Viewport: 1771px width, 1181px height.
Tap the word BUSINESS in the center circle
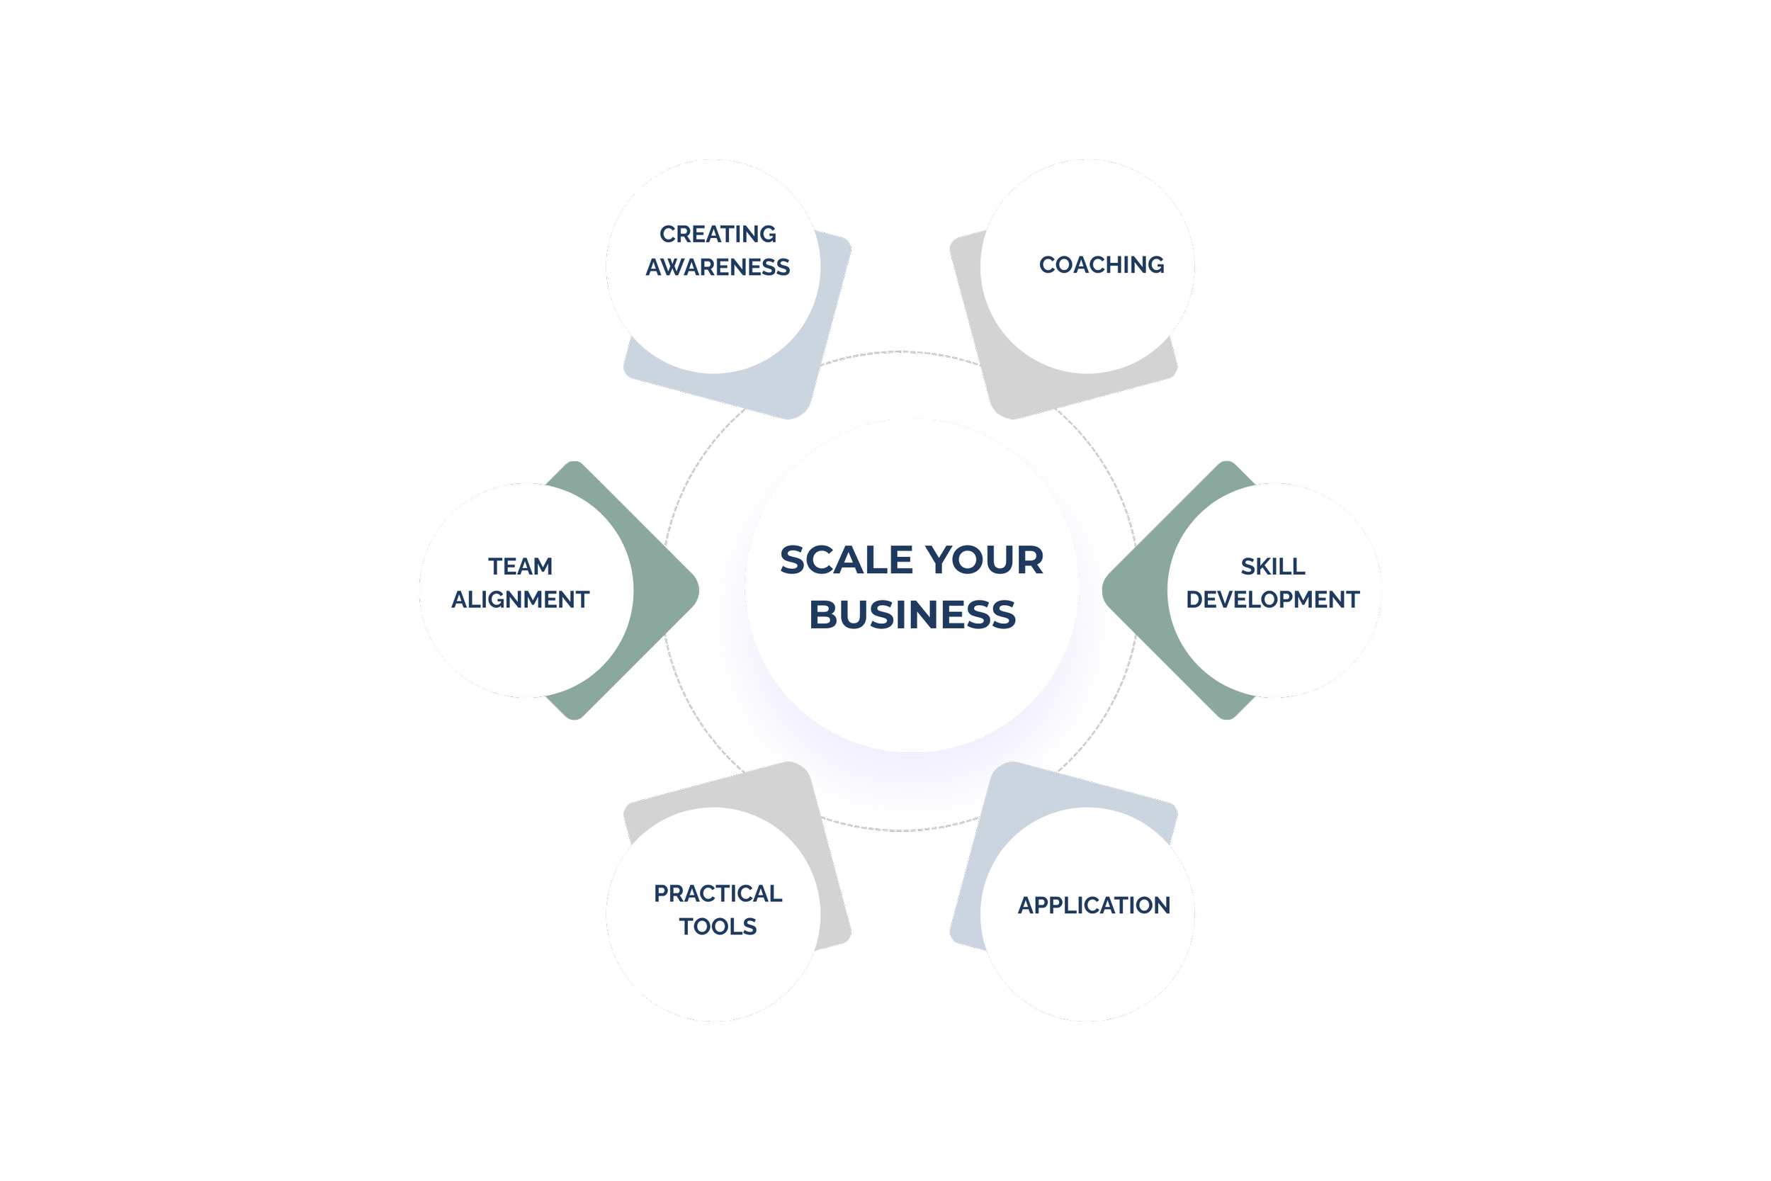tap(912, 615)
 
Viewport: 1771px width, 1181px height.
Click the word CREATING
tap(718, 234)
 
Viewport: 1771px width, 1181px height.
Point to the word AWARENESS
tap(718, 267)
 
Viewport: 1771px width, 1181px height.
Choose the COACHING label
tap(1101, 265)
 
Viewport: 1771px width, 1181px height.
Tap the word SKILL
tap(1272, 566)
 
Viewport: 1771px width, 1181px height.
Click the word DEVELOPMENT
tap(1272, 599)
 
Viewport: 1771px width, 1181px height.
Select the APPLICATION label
tap(1093, 905)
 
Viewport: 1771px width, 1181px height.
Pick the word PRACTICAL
tap(718, 893)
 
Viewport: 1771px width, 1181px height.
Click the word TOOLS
tap(718, 927)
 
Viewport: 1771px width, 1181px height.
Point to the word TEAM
tap(519, 566)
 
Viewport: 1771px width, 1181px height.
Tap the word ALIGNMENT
tap(519, 599)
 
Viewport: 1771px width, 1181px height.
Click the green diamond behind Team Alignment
tap(662, 592)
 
